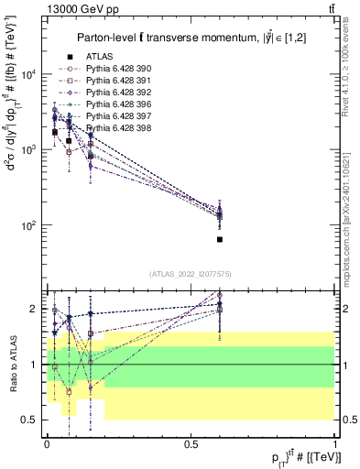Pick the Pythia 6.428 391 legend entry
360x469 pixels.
tap(114, 81)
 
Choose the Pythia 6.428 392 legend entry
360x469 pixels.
tap(114, 93)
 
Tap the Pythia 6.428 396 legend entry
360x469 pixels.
tap(114, 104)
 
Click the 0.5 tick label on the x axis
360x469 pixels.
tap(191, 442)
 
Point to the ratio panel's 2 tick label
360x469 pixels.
tap(33, 309)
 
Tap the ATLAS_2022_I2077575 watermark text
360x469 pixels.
tap(191, 274)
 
